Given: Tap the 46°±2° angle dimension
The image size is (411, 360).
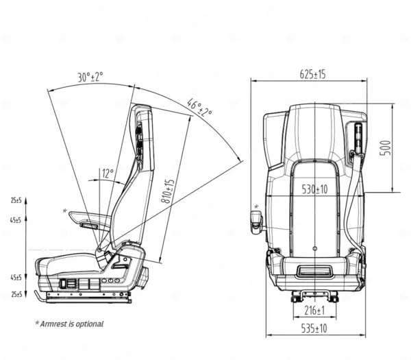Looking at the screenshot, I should click(x=199, y=108).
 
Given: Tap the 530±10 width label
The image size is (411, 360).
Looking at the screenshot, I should click(x=314, y=189).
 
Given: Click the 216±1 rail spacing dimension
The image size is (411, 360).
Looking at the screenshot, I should click(x=314, y=311).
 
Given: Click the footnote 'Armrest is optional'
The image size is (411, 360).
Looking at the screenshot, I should click(x=69, y=324).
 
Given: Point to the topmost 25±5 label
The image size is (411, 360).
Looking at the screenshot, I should click(x=16, y=200).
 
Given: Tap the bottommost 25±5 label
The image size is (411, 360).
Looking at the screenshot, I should click(x=16, y=294).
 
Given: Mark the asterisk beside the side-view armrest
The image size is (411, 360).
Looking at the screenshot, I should click(x=65, y=211).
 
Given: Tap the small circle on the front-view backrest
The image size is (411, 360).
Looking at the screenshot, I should click(x=314, y=248).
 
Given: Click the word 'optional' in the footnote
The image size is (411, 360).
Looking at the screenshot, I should click(x=88, y=324).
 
